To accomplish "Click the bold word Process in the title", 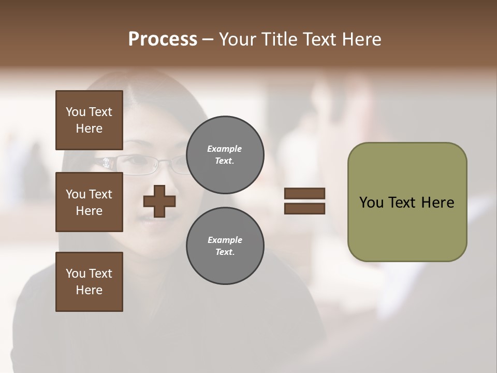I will [163, 39].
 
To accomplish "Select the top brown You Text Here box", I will [89, 120].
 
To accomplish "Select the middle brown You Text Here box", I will [89, 202].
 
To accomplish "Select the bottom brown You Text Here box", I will [89, 282].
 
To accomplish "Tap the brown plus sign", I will [159, 202].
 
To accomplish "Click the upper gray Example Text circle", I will [225, 155].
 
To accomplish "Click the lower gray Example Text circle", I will [225, 246].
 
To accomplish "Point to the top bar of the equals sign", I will [305, 193].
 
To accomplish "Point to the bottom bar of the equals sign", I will [305, 209].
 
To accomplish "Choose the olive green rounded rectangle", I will [407, 228].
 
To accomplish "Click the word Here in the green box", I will [437, 203].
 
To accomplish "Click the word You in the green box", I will [371, 203].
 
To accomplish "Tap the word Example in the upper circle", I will [225, 149].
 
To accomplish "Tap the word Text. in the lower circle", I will [225, 252].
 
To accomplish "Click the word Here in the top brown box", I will [89, 128].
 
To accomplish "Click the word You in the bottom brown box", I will [76, 274].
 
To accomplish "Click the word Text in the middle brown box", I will [100, 194].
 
